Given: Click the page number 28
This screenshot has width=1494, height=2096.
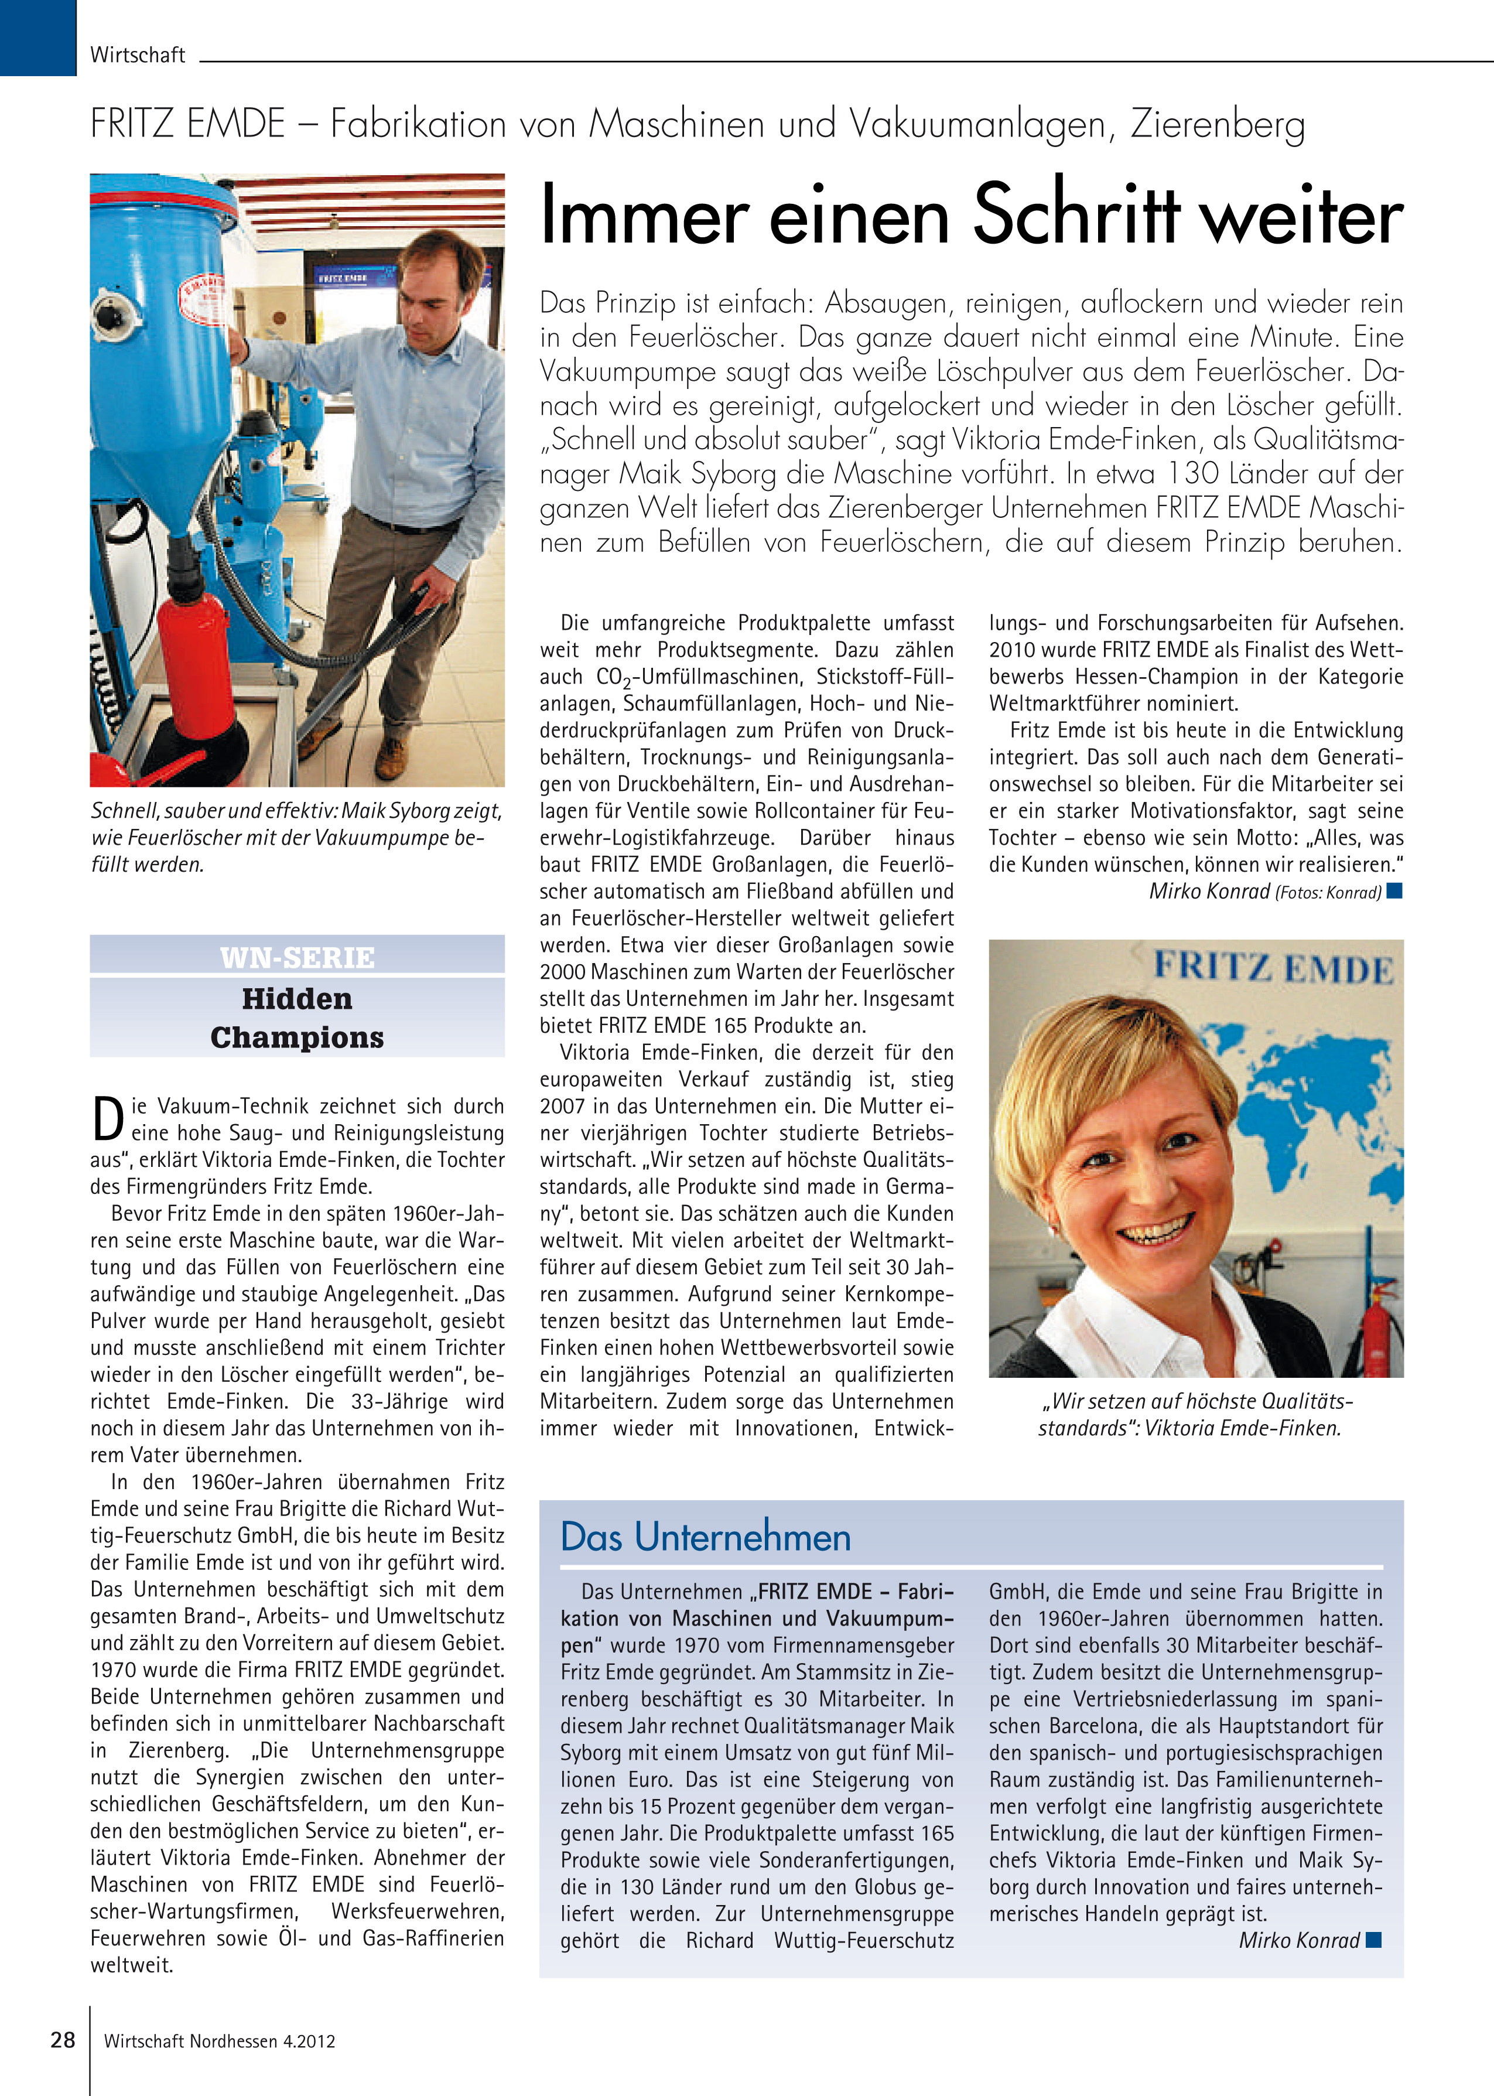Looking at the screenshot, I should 63,2040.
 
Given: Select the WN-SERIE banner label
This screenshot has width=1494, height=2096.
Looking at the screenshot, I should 297,958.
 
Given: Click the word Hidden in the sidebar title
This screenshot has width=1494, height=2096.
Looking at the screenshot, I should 297,998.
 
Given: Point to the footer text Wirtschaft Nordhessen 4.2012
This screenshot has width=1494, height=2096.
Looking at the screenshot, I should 219,2041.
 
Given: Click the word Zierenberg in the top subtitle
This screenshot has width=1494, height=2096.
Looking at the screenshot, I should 1217,124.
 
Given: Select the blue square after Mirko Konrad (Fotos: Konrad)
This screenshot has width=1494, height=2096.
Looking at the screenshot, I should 1394,890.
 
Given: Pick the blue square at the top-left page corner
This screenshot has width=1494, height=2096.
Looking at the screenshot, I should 37,37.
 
